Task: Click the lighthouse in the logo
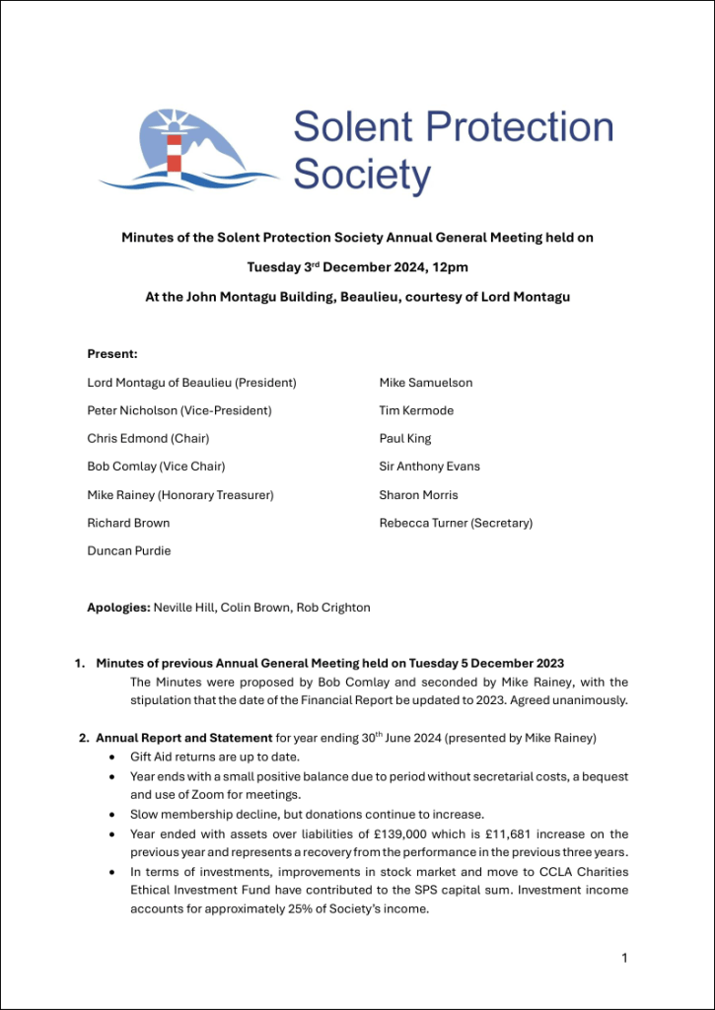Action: click(175, 147)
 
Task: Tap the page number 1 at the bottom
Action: click(624, 957)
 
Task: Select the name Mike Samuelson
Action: click(425, 383)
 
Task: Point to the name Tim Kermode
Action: click(416, 410)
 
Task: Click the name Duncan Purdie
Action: click(129, 551)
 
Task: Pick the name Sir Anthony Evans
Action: click(429, 467)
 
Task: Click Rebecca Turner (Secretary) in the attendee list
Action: click(456, 524)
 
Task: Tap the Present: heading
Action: click(112, 353)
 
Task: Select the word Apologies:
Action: click(118, 608)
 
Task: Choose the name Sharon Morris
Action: click(418, 495)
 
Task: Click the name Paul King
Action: click(405, 439)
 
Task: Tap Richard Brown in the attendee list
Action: click(128, 524)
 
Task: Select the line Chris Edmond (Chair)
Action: click(148, 439)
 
